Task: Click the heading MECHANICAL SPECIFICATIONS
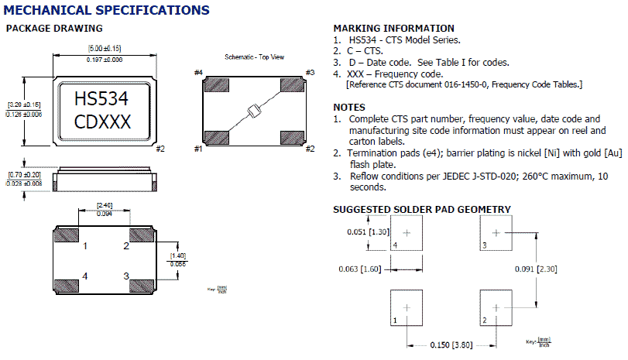coord(107,11)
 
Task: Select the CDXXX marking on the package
coord(102,122)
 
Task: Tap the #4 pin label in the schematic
coord(198,73)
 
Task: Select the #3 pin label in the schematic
coord(309,73)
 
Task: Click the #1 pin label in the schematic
coord(198,148)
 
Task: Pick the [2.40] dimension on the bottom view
coord(104,204)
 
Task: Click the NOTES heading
coord(349,107)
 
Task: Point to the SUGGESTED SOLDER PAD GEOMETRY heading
coord(422,209)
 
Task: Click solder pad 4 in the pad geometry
coord(408,233)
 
